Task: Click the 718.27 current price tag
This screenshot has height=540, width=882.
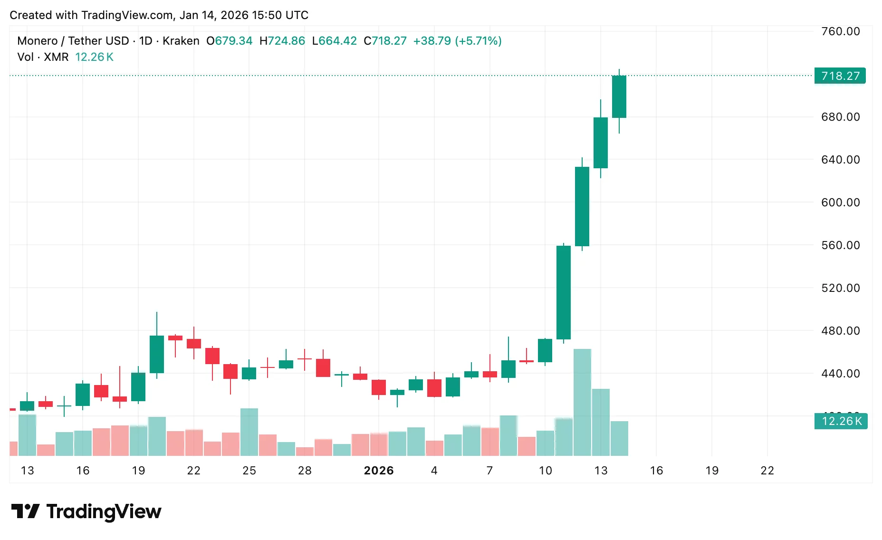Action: pyautogui.click(x=840, y=76)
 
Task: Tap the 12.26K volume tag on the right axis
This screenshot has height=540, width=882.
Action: pyautogui.click(x=841, y=421)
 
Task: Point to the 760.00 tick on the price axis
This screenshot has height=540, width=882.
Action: pyautogui.click(x=840, y=31)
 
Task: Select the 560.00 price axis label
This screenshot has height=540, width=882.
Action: pyautogui.click(x=840, y=245)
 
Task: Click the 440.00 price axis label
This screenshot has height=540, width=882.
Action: pyautogui.click(x=840, y=374)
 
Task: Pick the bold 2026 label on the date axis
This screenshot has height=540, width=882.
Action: pyautogui.click(x=379, y=471)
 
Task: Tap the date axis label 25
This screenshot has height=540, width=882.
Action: pyautogui.click(x=249, y=471)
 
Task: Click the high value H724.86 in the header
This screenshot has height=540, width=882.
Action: pyautogui.click(x=282, y=41)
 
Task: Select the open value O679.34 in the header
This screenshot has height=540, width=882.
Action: pyautogui.click(x=229, y=41)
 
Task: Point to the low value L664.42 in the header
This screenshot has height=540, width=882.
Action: pyautogui.click(x=334, y=41)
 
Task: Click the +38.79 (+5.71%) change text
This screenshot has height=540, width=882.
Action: pyautogui.click(x=457, y=41)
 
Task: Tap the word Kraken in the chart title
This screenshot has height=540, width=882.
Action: pyautogui.click(x=181, y=41)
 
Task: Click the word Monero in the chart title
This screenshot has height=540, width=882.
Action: pyautogui.click(x=37, y=41)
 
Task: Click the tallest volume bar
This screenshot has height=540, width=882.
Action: pyautogui.click(x=582, y=402)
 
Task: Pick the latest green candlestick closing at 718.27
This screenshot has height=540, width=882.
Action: pyautogui.click(x=619, y=96)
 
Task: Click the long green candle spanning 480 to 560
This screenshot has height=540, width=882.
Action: pyautogui.click(x=564, y=292)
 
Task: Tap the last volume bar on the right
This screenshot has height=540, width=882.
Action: pyautogui.click(x=619, y=438)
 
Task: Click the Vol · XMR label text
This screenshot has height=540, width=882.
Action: pyautogui.click(x=43, y=57)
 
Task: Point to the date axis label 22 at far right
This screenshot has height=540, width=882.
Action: pyautogui.click(x=767, y=471)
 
